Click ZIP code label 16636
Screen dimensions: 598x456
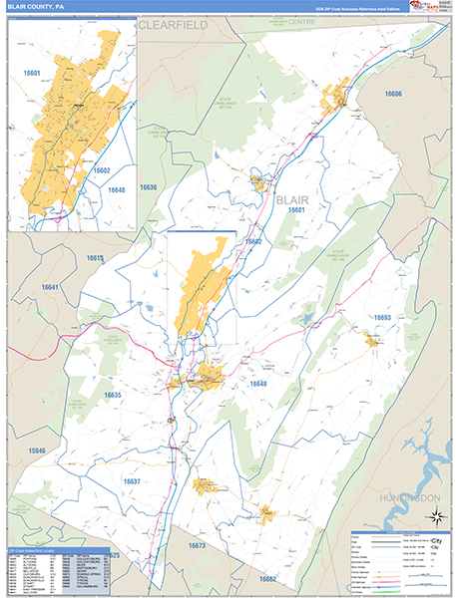(149, 187)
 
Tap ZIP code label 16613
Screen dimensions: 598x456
(95, 258)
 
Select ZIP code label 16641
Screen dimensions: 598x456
(51, 288)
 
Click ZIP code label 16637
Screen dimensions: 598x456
(133, 481)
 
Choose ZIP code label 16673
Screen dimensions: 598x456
(196, 546)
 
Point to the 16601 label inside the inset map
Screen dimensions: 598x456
(32, 73)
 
